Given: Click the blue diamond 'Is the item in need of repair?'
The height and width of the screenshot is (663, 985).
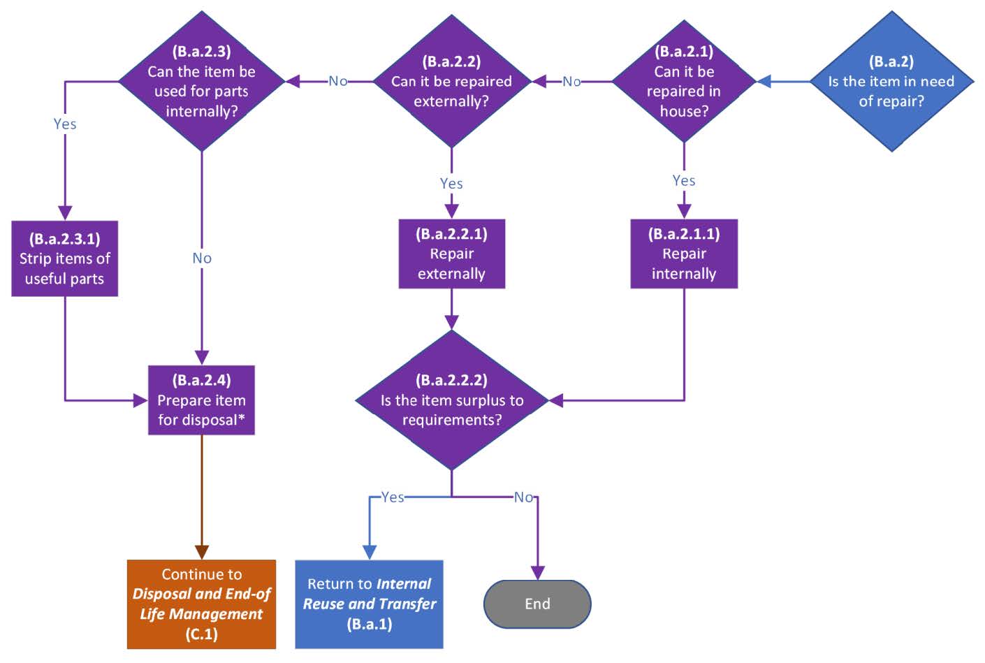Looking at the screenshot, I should pos(891,81).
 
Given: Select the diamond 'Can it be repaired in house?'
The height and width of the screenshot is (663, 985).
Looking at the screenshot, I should pos(684,81).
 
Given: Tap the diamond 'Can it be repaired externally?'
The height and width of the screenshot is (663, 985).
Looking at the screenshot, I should pos(451,81).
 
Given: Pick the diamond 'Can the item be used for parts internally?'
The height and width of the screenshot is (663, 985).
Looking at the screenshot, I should pos(201,81).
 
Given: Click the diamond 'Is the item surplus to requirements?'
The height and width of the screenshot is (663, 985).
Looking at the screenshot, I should pos(451,400).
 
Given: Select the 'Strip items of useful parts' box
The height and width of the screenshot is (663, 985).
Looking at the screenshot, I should pos(64,258).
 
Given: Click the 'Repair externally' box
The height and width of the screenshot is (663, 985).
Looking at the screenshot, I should pos(451,254).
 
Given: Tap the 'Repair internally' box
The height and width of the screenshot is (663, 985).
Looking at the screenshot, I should pos(684,254).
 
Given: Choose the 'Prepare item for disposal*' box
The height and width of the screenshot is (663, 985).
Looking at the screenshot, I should pos(201,400).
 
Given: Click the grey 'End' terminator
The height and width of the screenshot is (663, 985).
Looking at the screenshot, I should pos(537,604).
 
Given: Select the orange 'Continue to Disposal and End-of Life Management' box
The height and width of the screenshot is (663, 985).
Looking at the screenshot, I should pos(201,604).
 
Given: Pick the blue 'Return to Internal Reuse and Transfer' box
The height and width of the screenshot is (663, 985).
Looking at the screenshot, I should pos(369,604).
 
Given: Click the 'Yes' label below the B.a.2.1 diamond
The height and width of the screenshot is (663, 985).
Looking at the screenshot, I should pos(684,180).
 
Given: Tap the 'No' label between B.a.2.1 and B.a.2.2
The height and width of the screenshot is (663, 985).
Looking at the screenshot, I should pos(571,82).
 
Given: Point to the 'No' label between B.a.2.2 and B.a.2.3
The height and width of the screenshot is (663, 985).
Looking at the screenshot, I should pos(338,81).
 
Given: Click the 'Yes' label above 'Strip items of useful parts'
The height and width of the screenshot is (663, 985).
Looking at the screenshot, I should pos(64,124).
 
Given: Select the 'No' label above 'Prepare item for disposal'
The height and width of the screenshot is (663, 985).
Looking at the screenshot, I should pos(201,258).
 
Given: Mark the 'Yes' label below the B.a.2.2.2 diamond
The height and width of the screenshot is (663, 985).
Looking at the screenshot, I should pos(392,497).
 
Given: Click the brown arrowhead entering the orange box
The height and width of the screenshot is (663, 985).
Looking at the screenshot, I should pos(201,553).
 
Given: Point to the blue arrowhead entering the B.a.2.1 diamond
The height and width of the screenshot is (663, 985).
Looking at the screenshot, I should pos(765,82).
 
